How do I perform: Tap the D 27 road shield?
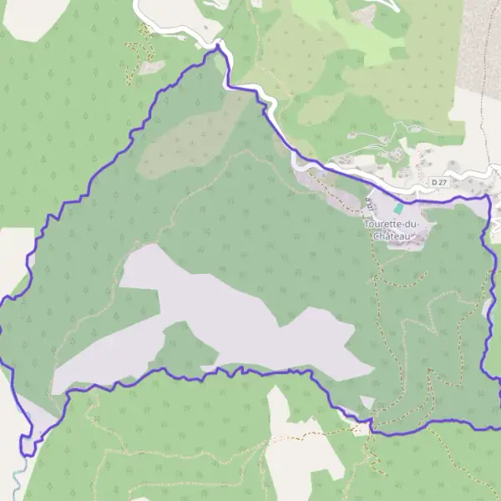440,181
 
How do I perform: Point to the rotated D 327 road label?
367,200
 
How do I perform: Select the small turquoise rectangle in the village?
399,207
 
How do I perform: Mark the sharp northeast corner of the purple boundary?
487,198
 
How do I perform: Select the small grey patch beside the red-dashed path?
149,67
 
